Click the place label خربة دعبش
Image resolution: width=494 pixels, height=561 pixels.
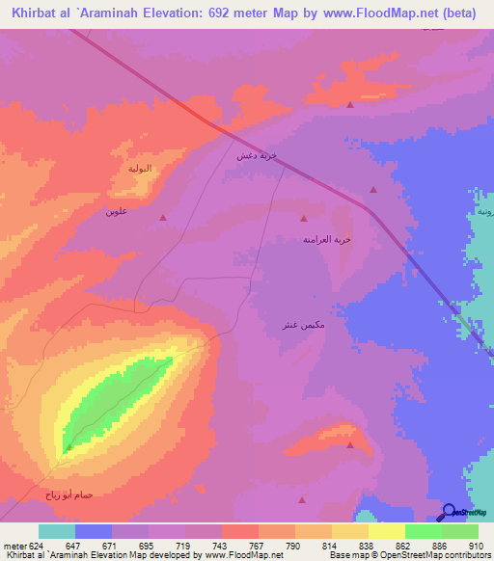[x=258, y=154]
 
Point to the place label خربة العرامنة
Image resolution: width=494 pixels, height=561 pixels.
[x=326, y=238]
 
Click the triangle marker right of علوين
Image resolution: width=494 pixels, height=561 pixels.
[x=162, y=217]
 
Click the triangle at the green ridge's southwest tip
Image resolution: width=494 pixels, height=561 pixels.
[x=69, y=447]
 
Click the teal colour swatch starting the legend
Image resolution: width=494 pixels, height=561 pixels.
[x=57, y=531]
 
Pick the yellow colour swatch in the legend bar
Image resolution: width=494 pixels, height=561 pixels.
[x=387, y=531]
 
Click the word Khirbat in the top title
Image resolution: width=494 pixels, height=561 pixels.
[x=39, y=13]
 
